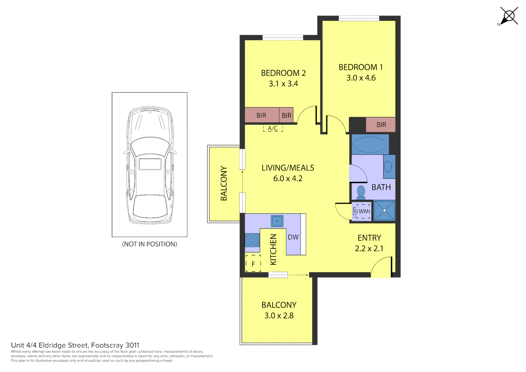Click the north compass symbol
coord(509,16)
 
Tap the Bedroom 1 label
coord(360,67)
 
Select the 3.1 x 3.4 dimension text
coord(283,84)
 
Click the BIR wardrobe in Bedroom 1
coord(381,125)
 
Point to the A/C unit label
coord(273,128)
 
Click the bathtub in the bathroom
coord(370,144)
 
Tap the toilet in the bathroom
coord(361,192)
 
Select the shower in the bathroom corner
coord(385,210)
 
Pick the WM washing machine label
coord(364,211)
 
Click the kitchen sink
coord(277,221)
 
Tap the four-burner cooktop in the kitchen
coord(252,240)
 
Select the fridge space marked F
coord(253,264)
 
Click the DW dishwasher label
coord(293,237)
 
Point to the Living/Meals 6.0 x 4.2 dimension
coord(288,178)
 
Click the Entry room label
coord(369,238)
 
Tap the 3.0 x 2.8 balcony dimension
coord(279,316)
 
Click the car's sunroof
coord(150,164)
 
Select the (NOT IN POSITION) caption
coord(149,244)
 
